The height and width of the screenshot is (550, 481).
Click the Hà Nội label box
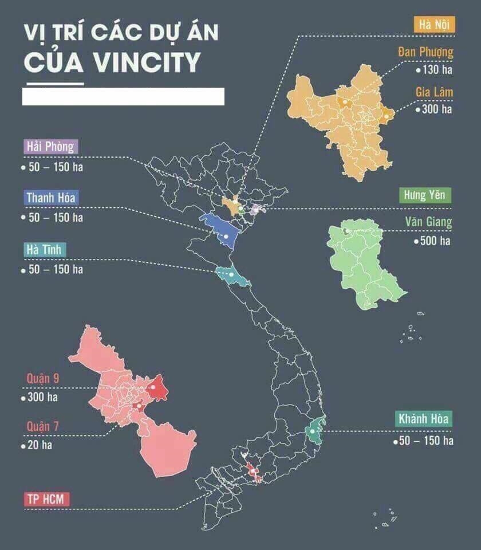click(433, 25)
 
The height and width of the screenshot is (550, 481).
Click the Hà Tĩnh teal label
click(45, 249)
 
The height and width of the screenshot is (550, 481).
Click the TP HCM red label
click(46, 499)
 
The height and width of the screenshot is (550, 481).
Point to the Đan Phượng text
click(425, 52)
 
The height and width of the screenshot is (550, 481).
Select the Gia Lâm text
click(434, 92)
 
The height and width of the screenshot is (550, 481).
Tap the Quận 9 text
click(43, 379)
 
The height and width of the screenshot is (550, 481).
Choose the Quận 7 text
click(42, 427)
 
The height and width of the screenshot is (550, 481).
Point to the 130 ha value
click(437, 70)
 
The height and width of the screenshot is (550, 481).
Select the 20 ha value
click(40, 445)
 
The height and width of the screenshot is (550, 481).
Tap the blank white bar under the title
click(123, 96)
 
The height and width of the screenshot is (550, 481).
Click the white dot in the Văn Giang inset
click(347, 231)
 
